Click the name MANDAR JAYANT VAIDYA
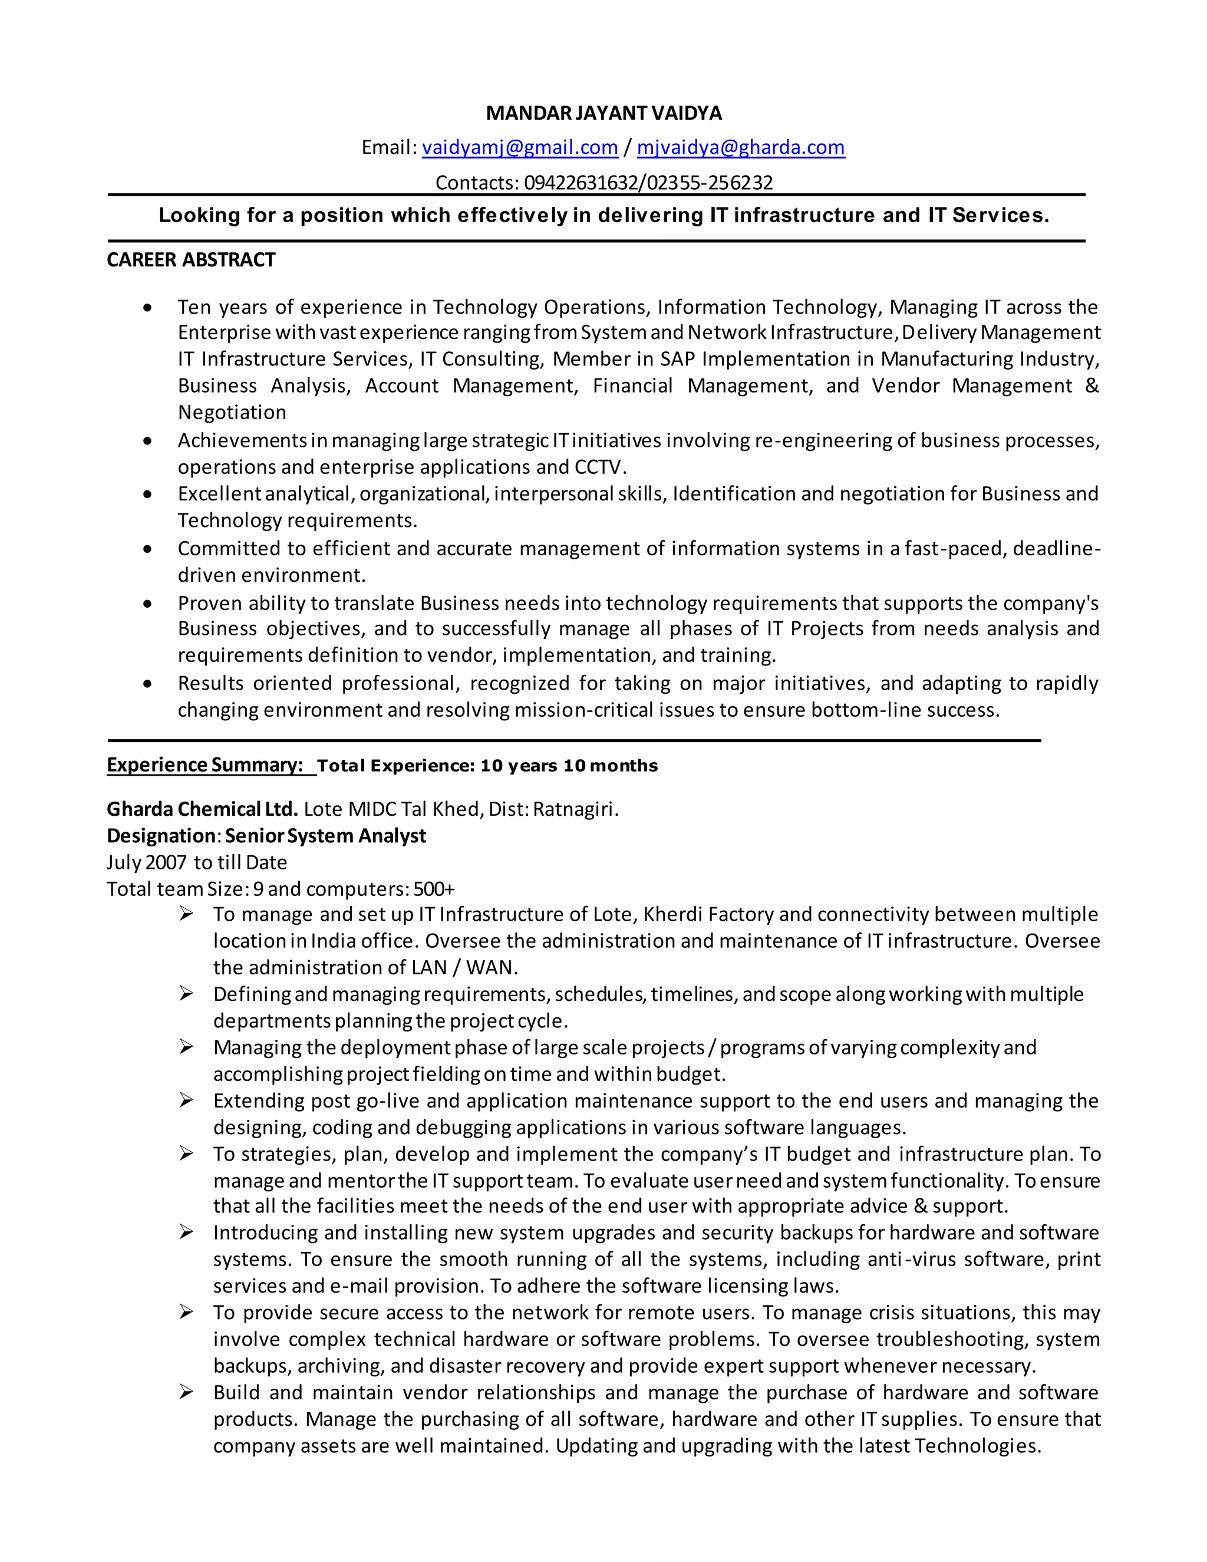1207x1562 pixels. coord(603,113)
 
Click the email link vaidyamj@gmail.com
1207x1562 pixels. coord(520,147)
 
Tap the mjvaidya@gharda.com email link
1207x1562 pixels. coord(741,147)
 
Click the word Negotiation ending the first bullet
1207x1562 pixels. coord(232,413)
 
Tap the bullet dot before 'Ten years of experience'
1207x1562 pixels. coord(147,308)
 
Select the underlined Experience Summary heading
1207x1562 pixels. coord(205,764)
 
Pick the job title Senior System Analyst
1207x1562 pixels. coord(325,835)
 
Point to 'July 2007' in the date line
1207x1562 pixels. coord(147,862)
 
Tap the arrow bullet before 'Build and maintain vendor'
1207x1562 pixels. coord(186,1392)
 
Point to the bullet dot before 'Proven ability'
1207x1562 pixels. coord(147,604)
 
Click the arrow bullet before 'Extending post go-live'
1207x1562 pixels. coord(186,1100)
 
